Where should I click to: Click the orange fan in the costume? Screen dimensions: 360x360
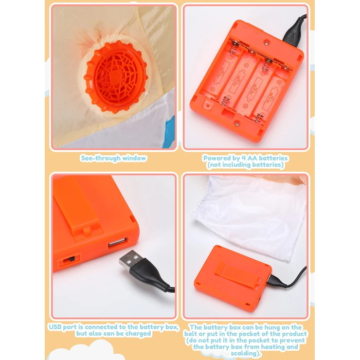(x=116, y=77)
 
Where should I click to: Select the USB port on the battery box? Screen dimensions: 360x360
(x=118, y=242)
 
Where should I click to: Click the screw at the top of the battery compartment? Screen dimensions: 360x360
(x=266, y=43)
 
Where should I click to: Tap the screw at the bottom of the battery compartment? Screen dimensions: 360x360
(x=237, y=124)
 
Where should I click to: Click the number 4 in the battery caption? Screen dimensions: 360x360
(x=244, y=158)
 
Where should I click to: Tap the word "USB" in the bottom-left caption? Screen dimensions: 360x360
(x=55, y=327)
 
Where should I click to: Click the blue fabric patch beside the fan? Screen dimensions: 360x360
(x=170, y=131)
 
